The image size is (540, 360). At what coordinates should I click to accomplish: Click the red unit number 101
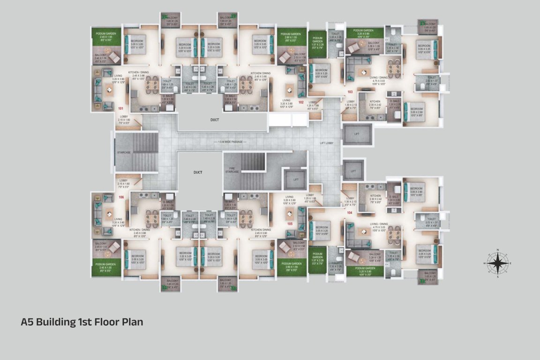coord(120,108)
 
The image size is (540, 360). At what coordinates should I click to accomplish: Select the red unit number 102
coord(301,102)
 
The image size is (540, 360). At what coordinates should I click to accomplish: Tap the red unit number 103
coord(350,92)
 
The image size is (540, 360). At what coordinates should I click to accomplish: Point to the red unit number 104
coord(349,212)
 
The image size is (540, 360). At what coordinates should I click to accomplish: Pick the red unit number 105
coord(290,224)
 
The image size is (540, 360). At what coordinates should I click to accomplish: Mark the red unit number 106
coord(121,197)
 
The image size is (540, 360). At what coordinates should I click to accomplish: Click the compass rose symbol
coord(498,263)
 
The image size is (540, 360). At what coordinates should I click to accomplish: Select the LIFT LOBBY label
coord(327,142)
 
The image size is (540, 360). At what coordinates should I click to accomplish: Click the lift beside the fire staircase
coord(295,180)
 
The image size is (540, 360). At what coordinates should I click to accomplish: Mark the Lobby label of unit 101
coord(124,117)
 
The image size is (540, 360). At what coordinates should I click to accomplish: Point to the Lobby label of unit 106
coord(124,180)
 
